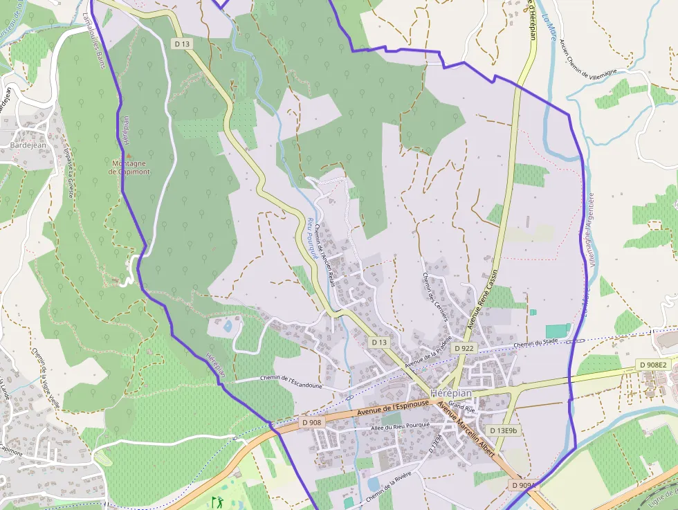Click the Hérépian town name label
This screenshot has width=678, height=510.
[450, 392]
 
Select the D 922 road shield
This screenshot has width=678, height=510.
[464, 348]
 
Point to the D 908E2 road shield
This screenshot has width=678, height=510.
[652, 365]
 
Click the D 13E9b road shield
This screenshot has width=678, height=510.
[503, 430]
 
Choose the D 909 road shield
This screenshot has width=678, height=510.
[523, 486]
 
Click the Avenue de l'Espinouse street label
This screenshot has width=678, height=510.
[392, 411]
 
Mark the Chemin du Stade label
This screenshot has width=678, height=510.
[537, 343]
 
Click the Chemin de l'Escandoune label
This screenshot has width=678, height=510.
[291, 381]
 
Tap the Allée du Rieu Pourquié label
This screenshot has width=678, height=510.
[401, 426]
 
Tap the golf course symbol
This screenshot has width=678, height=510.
[218, 501]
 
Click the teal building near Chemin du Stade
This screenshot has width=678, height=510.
[557, 331]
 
